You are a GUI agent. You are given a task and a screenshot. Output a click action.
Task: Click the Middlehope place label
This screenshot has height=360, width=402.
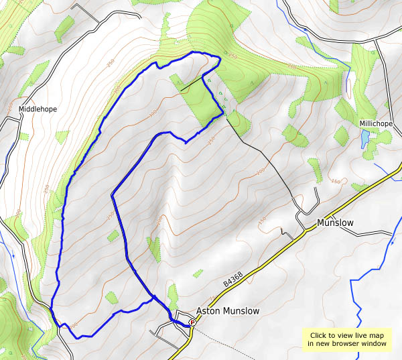click(x=38, y=109)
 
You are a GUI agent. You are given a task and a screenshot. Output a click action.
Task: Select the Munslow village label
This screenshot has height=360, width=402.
click(x=334, y=221)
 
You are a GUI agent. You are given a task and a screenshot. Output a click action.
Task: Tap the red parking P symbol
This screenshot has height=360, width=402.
click(x=192, y=322)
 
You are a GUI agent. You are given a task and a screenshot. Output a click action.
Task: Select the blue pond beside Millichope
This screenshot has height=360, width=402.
click(x=364, y=139)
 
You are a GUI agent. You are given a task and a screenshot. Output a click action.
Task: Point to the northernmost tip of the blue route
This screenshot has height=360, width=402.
click(x=194, y=52)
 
